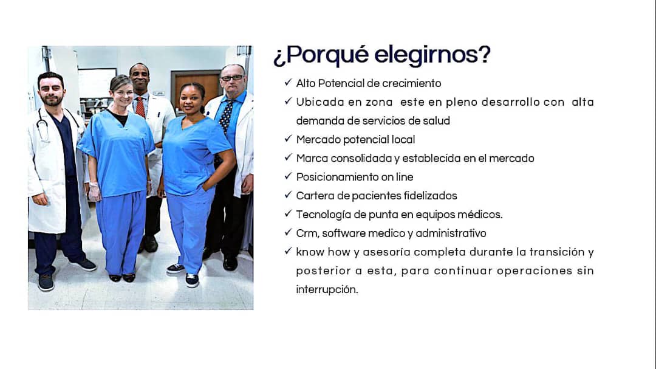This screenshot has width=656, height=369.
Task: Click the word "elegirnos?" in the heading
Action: [x=432, y=55]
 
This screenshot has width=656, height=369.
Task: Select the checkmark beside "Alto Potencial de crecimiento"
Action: [x=288, y=82]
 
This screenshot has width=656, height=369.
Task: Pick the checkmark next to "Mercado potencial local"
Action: [x=288, y=138]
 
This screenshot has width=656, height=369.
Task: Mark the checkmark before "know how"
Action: [x=288, y=251]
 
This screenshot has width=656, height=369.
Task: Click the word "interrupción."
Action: [x=327, y=289]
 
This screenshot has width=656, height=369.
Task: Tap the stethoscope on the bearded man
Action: [x=43, y=125]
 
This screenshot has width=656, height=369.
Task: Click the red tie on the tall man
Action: [x=140, y=108]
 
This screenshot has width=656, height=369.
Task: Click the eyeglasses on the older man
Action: [x=231, y=78]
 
